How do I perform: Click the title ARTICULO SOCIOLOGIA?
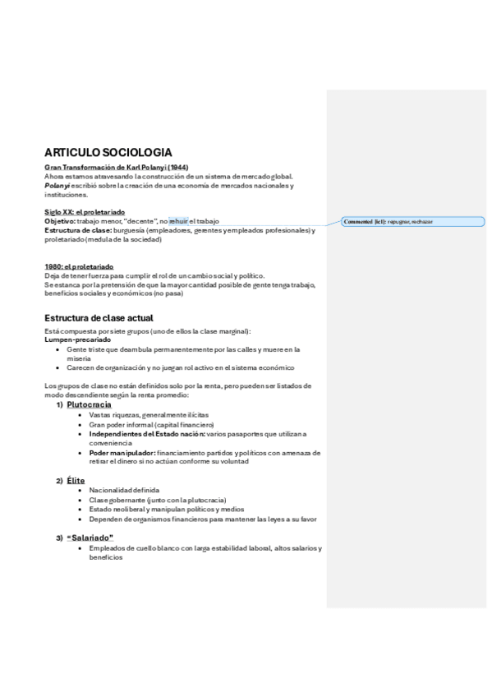pyautogui.click(x=108, y=152)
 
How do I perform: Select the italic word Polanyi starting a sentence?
pyautogui.click(x=58, y=186)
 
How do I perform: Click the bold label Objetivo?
pyautogui.click(x=59, y=221)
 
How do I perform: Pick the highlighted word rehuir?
pyautogui.click(x=178, y=221)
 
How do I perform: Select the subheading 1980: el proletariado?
pyautogui.click(x=79, y=266)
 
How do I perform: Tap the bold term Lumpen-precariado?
pyautogui.click(x=77, y=339)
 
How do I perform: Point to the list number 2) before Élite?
pyautogui.click(x=59, y=480)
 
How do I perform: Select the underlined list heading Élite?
pyautogui.click(x=76, y=480)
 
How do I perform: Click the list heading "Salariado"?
pyautogui.click(x=90, y=538)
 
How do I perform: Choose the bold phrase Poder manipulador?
pyautogui.click(x=122, y=453)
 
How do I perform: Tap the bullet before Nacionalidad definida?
pyautogui.click(x=80, y=491)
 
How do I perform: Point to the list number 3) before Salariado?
pyautogui.click(x=59, y=538)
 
